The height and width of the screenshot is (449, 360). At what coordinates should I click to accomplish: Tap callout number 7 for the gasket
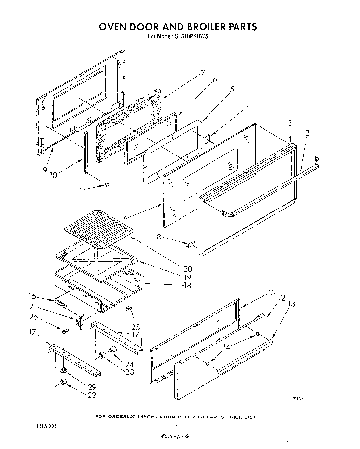click(203, 73)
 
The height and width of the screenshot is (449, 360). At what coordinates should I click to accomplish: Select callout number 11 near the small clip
click(253, 103)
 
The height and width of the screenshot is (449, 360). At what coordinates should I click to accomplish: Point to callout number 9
click(45, 170)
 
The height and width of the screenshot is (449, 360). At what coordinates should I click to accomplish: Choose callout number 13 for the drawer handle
click(291, 304)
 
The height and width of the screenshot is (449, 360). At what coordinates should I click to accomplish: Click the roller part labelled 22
click(62, 382)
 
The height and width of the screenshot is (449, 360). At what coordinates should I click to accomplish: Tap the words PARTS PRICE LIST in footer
click(231, 417)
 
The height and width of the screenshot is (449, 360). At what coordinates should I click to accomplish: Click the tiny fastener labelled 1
click(106, 185)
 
